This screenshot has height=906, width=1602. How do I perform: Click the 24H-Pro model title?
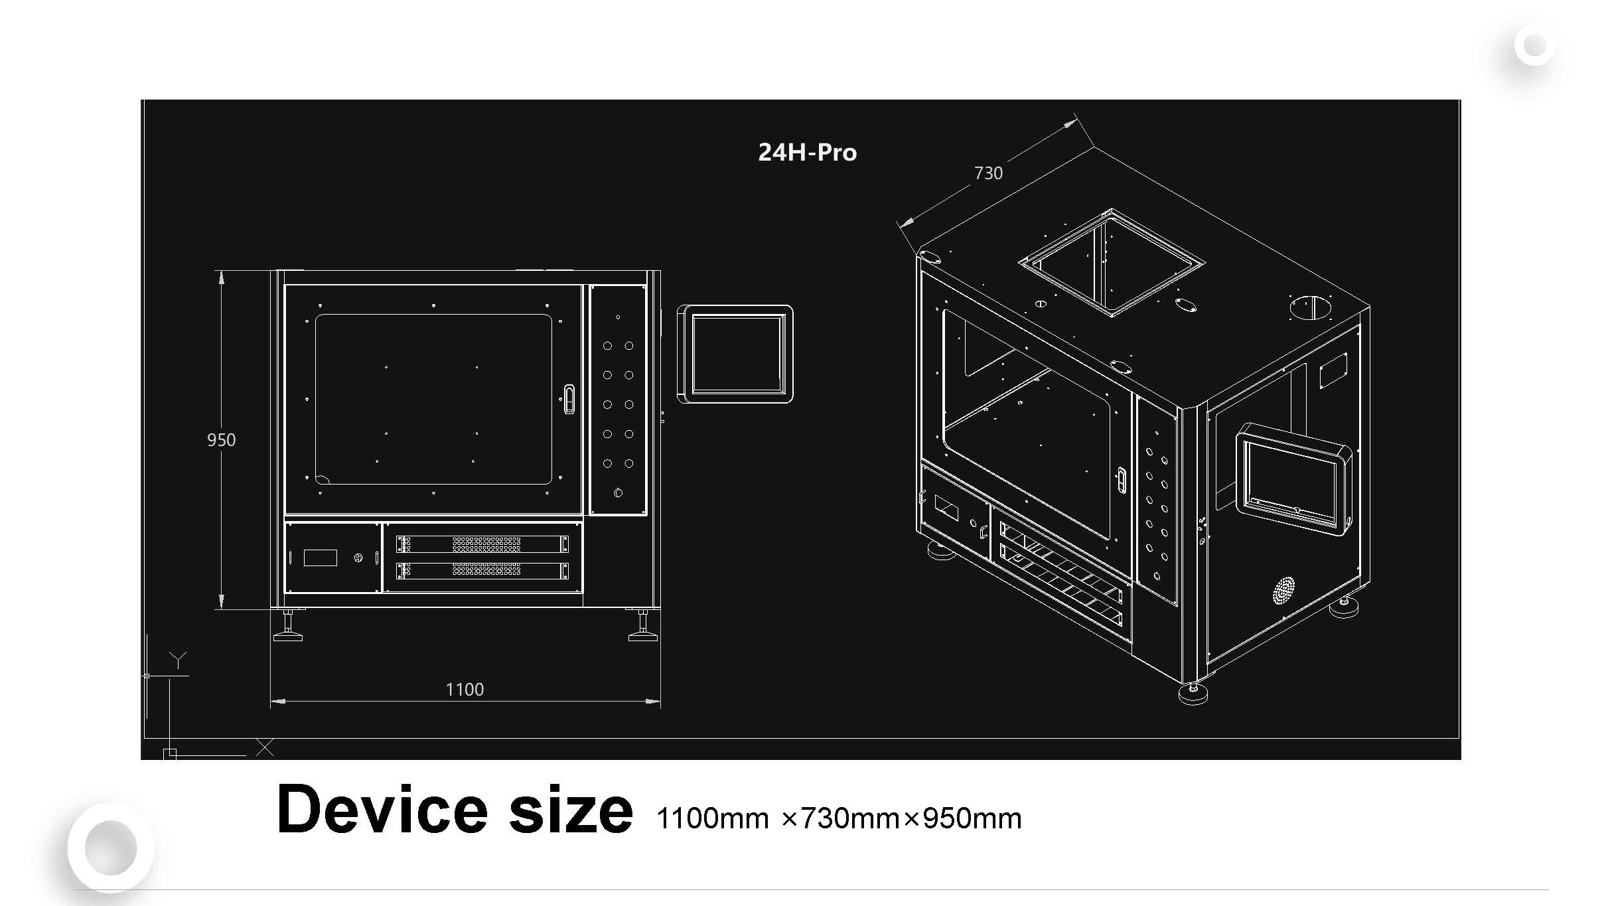[x=807, y=153]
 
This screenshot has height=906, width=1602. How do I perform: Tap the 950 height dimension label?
[x=221, y=440]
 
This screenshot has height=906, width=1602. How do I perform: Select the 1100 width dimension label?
[x=465, y=690]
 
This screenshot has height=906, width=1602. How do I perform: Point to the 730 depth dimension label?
[x=988, y=173]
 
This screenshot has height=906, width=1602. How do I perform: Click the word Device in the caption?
[x=382, y=809]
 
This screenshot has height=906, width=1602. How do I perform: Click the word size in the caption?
[x=571, y=809]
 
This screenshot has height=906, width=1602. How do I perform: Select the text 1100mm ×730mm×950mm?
[x=839, y=818]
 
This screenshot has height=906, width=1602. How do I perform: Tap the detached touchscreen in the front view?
[x=735, y=354]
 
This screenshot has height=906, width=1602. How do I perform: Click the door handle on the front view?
[x=569, y=399]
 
